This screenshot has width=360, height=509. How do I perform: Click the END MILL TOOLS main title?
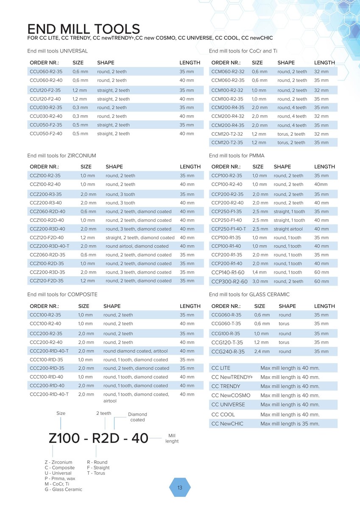(84, 29)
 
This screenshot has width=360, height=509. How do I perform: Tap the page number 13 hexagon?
(180, 488)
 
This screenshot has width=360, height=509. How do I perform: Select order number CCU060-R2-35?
(46, 72)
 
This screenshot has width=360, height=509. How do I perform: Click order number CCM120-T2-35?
(227, 143)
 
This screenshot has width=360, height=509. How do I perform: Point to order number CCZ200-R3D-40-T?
(50, 246)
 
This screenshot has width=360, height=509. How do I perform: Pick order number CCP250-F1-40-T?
(229, 229)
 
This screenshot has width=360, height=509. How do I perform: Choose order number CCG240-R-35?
(228, 352)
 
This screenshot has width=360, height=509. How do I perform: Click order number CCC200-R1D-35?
(47, 368)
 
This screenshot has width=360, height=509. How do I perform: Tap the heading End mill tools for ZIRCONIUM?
(61, 156)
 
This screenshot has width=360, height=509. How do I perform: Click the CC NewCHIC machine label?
(227, 424)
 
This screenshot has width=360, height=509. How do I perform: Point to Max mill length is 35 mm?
(290, 424)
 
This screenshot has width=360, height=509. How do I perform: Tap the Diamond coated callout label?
(137, 417)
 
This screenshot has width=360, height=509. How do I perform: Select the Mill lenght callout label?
(172, 438)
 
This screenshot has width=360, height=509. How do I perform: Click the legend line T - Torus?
(96, 473)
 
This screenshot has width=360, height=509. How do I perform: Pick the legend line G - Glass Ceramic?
(64, 489)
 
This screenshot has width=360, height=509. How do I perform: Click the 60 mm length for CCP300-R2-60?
(321, 281)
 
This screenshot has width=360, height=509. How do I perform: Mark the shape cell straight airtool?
(288, 229)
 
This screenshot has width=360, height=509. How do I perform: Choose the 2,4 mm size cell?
(262, 352)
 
